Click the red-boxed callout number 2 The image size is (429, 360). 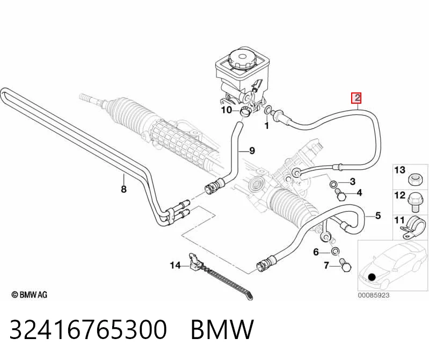click(x=357, y=98)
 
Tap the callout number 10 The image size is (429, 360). click(x=227, y=110)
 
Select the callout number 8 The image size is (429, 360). click(x=123, y=189)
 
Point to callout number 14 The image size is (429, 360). click(x=176, y=265)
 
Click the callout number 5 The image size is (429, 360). click(x=378, y=215)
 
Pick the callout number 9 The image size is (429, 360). click(x=252, y=150)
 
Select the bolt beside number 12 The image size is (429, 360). click(x=414, y=202)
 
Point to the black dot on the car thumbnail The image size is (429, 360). click(x=372, y=277)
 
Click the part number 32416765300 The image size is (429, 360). click(x=88, y=329)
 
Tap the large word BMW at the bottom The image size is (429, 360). click(x=222, y=329)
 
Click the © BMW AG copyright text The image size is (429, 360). click(x=30, y=294)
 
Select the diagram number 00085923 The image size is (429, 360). click(x=374, y=295)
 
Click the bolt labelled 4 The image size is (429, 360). click(x=340, y=195)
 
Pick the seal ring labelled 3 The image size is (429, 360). click(x=333, y=183)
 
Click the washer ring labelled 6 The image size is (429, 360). click(x=335, y=250)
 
